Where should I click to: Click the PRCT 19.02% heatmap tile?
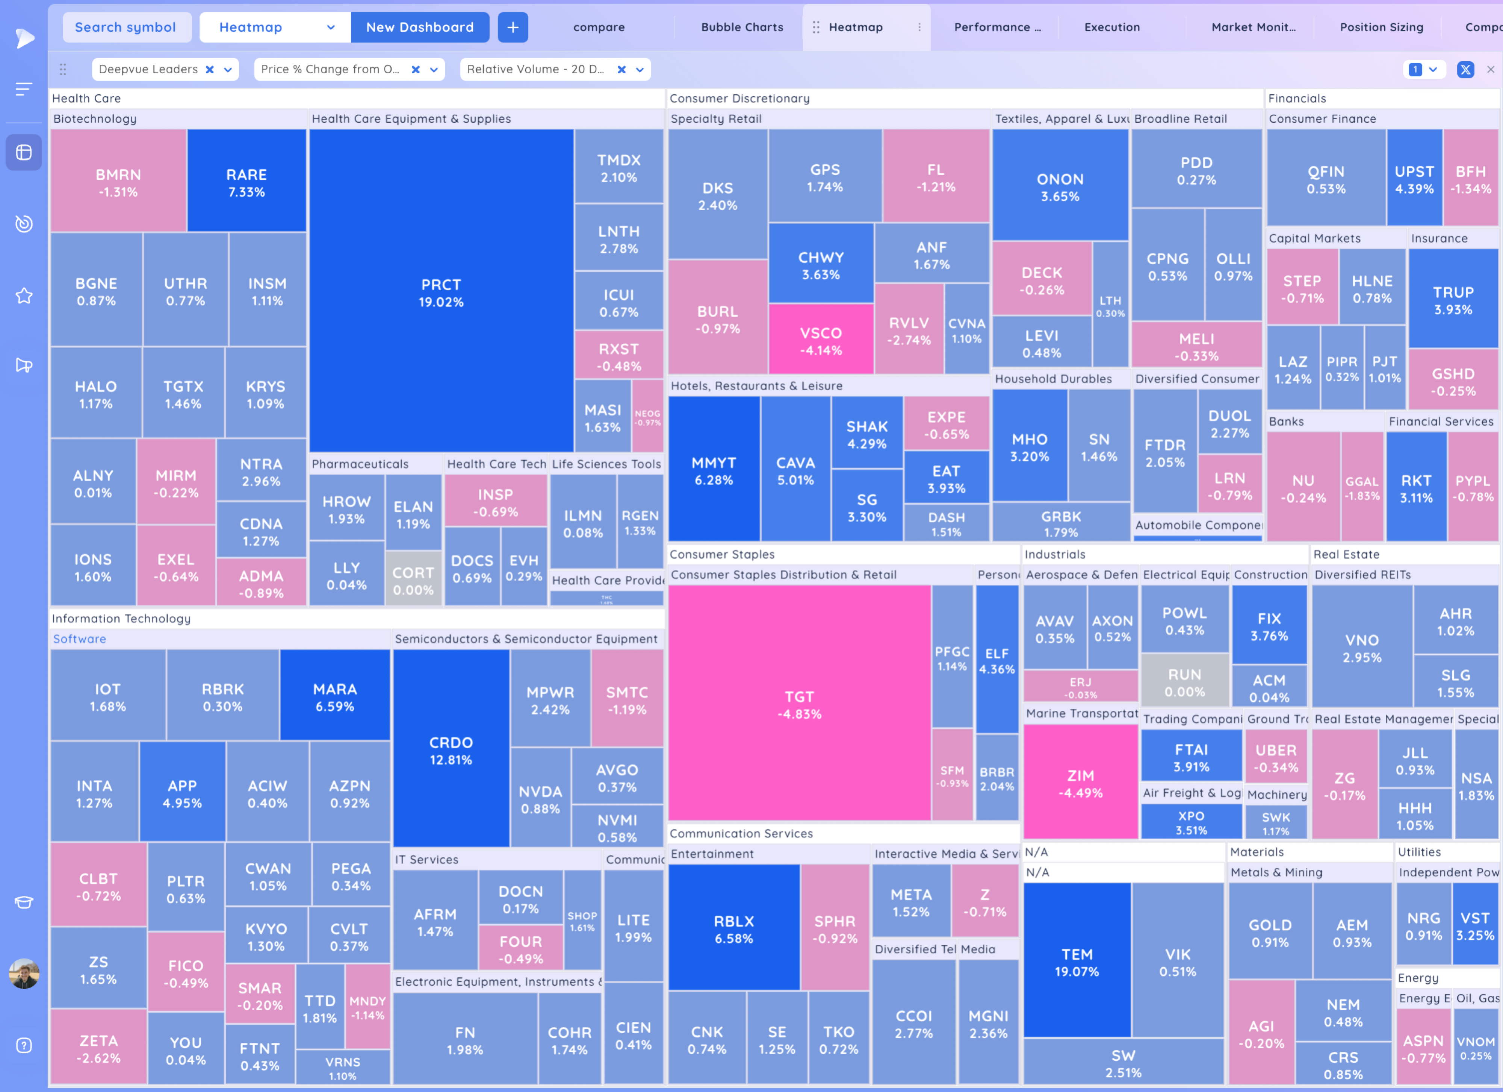[x=441, y=292]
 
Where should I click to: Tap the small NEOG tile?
[x=647, y=417]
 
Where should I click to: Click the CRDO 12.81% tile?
[x=451, y=749]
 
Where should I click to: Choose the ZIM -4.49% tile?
[x=1080, y=783]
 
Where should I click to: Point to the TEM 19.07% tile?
[x=1077, y=962]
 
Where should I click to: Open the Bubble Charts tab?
[x=742, y=27]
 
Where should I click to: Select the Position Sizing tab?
[x=1381, y=27]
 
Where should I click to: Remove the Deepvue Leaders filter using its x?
[x=209, y=70]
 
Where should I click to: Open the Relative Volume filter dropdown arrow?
[x=640, y=70]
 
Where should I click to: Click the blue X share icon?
[x=1465, y=70]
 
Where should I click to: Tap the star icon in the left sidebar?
[x=24, y=296]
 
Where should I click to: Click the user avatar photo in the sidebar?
[x=24, y=973]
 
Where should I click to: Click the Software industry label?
[x=80, y=639]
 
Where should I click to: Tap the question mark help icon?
[x=24, y=1046]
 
